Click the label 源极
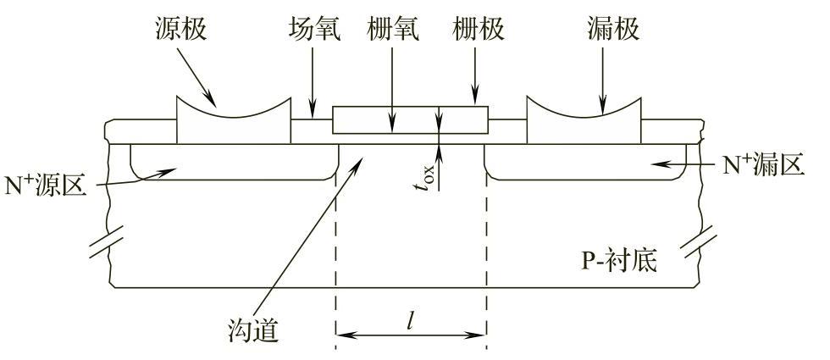180,30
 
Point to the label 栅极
477,30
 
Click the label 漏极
611,30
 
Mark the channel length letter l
410,319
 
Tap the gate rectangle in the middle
410,119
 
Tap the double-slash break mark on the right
705,242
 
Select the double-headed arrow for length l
410,336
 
